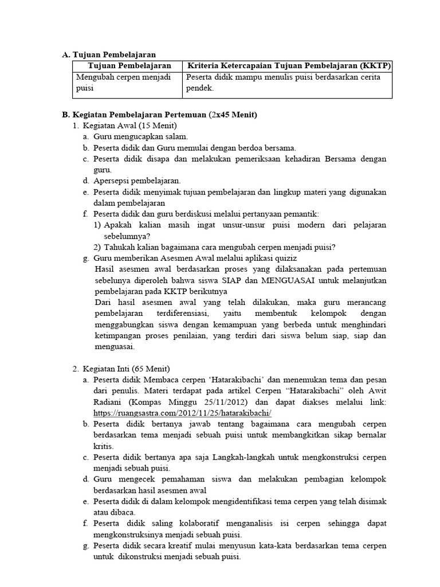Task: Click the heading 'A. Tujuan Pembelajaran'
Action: tap(109, 54)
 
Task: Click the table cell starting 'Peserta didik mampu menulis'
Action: tap(283, 83)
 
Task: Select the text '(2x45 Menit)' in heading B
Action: tap(234, 115)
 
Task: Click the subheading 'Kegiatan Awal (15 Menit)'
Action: tap(130, 126)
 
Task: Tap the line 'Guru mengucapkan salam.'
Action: tap(140, 136)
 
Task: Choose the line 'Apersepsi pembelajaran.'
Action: tap(137, 181)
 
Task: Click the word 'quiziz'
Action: tap(285, 258)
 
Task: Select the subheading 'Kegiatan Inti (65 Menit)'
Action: tap(127, 368)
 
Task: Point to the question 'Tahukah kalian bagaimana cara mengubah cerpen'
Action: tap(219, 247)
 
